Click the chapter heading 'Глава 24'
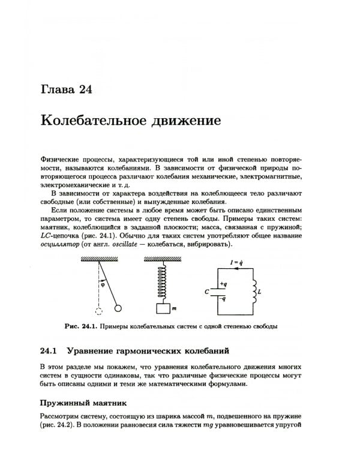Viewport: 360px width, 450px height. [66, 91]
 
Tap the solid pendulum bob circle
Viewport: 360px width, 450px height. [118, 308]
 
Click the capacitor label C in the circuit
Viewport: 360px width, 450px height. [206, 292]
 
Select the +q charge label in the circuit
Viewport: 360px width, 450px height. [223, 284]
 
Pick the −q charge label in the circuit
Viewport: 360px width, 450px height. [223, 298]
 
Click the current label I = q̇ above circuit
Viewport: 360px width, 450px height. [236, 262]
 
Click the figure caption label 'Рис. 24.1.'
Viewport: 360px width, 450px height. [80, 326]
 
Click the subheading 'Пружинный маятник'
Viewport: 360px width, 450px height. [83, 402]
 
